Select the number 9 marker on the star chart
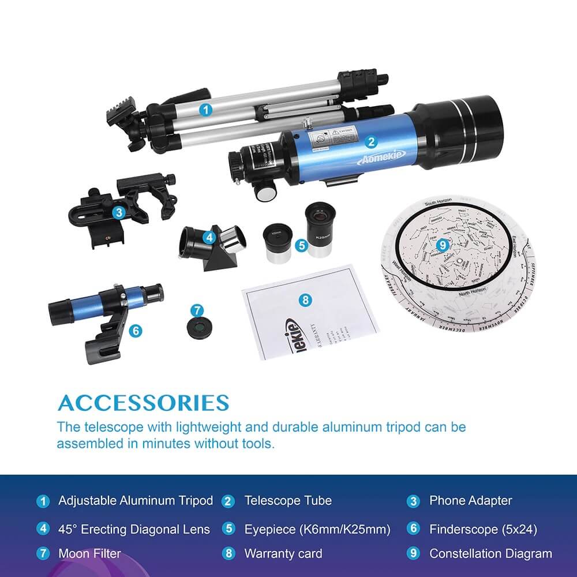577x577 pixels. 443,245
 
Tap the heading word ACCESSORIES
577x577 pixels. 143,402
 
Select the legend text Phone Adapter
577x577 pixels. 470,501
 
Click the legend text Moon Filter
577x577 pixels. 89,553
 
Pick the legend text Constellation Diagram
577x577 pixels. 490,553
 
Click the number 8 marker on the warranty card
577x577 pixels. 306,299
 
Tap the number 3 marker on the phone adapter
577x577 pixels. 118,212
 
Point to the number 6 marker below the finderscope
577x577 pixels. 136,330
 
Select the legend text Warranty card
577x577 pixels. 283,553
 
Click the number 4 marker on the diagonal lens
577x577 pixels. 209,237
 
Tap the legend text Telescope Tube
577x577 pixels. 288,501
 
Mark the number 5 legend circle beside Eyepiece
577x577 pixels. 228,529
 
